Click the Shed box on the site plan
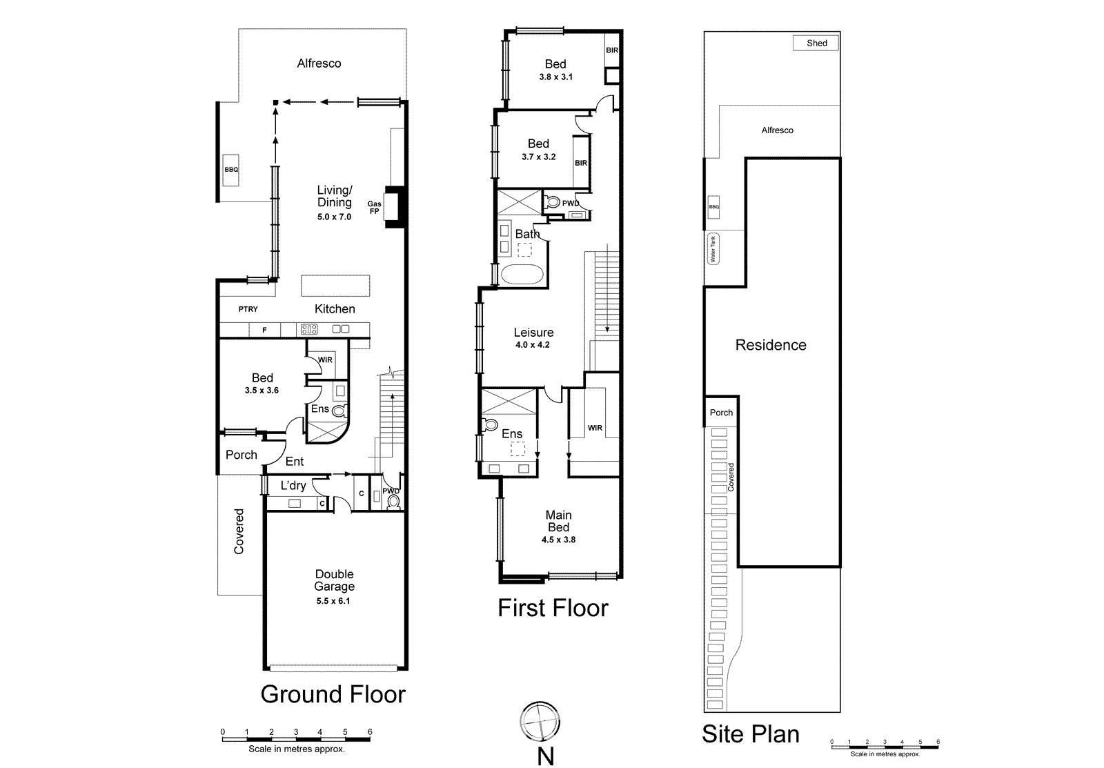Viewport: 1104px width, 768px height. pyautogui.click(x=816, y=43)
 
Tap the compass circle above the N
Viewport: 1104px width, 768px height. pyautogui.click(x=540, y=722)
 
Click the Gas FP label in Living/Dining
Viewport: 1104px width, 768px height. pyautogui.click(x=374, y=208)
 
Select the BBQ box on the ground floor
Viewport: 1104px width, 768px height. pyautogui.click(x=231, y=170)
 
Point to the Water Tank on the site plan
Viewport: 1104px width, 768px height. pyautogui.click(x=713, y=249)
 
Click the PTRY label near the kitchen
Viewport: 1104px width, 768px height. pyautogui.click(x=248, y=309)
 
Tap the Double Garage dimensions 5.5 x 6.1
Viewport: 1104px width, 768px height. pyautogui.click(x=333, y=601)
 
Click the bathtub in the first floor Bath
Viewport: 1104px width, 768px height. pyautogui.click(x=522, y=274)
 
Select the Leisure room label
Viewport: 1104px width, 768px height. pyautogui.click(x=533, y=333)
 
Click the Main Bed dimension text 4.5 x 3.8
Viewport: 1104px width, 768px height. pyautogui.click(x=558, y=540)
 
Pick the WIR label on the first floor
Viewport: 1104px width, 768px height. pyautogui.click(x=595, y=428)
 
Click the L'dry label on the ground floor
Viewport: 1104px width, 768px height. pyautogui.click(x=293, y=486)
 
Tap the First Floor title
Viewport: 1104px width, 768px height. pyautogui.click(x=553, y=608)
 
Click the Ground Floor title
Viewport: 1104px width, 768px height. pyautogui.click(x=333, y=694)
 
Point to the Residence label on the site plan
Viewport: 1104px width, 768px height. pyautogui.click(x=771, y=345)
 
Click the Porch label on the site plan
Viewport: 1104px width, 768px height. pyautogui.click(x=721, y=413)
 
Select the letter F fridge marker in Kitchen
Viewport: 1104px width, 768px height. pyautogui.click(x=264, y=331)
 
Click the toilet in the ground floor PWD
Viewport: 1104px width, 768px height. pyautogui.click(x=393, y=502)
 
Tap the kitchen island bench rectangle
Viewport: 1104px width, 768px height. pyautogui.click(x=335, y=286)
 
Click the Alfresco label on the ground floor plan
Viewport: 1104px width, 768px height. pyautogui.click(x=319, y=63)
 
